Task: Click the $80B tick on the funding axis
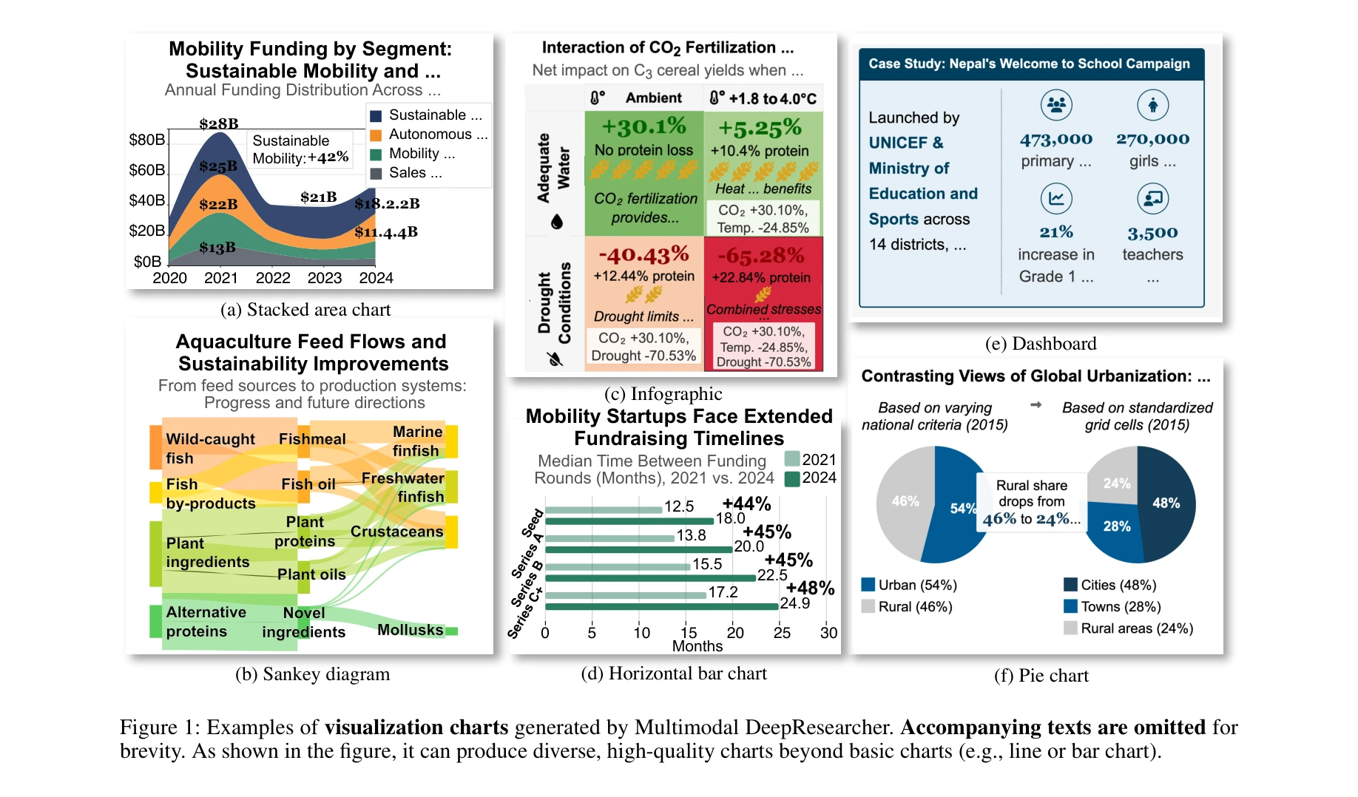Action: [x=147, y=140]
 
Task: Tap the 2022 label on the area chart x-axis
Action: [x=273, y=278]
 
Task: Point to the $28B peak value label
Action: [x=219, y=123]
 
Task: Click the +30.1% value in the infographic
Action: [x=643, y=126]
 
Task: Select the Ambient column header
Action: [x=653, y=98]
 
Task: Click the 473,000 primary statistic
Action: [x=1055, y=139]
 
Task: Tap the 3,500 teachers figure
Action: [x=1152, y=234]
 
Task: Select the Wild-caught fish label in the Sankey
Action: [x=210, y=448]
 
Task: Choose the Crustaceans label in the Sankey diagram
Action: [x=396, y=532]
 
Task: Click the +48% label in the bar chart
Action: [x=810, y=589]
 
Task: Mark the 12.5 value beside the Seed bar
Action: [x=679, y=506]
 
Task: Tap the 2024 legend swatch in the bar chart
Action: [x=792, y=478]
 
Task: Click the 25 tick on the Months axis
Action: [x=782, y=633]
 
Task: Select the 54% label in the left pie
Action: [x=962, y=509]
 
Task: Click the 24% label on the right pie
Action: [x=1116, y=484]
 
